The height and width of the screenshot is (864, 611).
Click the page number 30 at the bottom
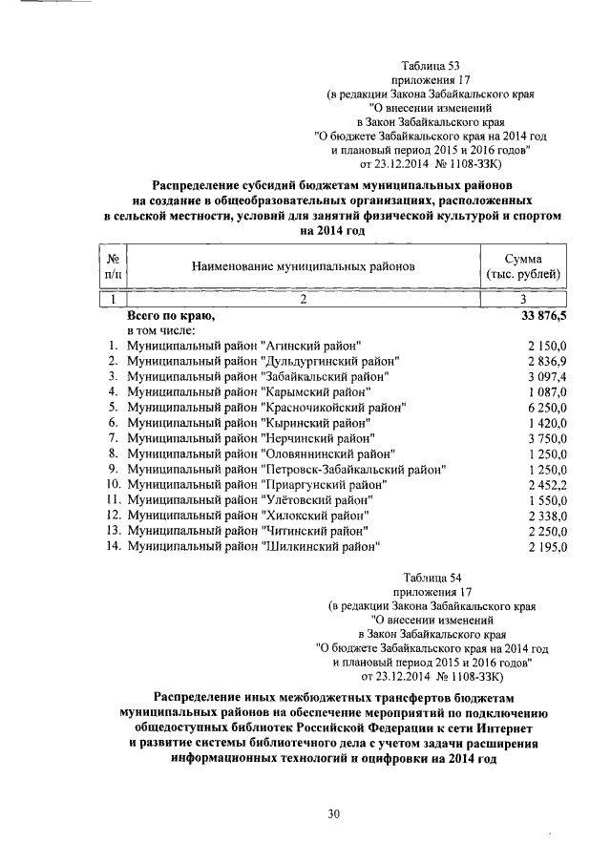pyautogui.click(x=334, y=812)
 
